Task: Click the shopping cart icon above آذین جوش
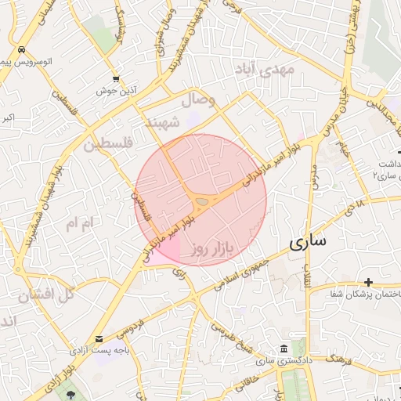click(117, 78)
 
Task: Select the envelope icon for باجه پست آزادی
click(99, 339)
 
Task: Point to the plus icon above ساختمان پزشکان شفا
click(368, 282)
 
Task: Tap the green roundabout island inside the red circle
click(203, 202)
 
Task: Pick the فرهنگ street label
click(336, 358)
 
